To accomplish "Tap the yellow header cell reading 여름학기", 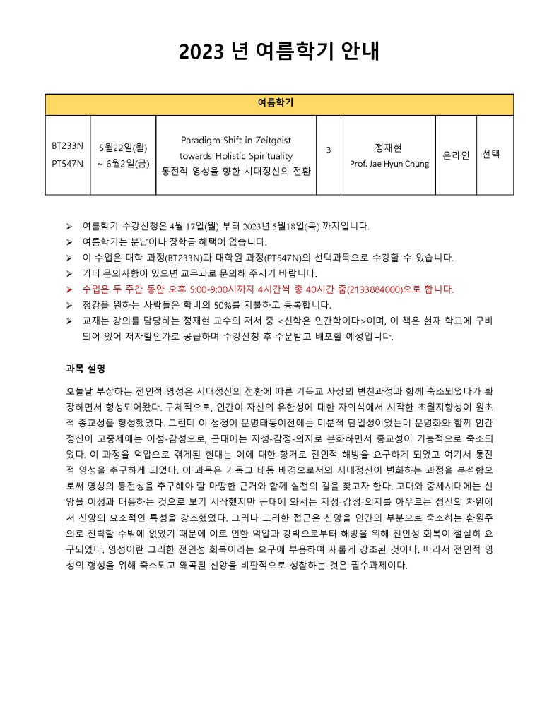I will (279, 104).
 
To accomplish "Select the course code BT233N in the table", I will (68, 146).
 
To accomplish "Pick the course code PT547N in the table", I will (68, 164).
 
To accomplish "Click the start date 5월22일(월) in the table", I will (123, 146).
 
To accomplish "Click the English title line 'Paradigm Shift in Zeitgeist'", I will (236, 141).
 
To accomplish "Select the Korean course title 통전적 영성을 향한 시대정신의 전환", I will (236, 171).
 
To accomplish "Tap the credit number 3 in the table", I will (329, 150).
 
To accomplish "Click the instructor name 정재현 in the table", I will (388, 148).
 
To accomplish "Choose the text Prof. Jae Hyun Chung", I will (389, 164).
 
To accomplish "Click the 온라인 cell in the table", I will (456, 155).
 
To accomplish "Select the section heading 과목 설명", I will (86, 368).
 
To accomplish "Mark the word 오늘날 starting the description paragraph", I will (78, 391).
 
